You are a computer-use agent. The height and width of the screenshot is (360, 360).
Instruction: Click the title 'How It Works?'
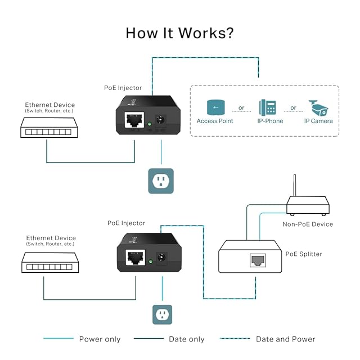point(179,33)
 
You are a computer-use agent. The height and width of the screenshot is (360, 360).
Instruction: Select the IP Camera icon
point(318,107)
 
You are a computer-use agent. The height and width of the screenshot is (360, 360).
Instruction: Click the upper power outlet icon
point(161,181)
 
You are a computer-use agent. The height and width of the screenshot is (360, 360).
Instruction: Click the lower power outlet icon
point(163,315)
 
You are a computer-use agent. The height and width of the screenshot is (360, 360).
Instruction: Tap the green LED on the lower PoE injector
point(151,262)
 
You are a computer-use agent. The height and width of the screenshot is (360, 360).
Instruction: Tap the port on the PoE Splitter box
point(258,260)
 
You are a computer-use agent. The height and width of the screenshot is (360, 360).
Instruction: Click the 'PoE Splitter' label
point(304,254)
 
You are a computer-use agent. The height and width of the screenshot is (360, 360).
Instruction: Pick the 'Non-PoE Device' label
point(308,224)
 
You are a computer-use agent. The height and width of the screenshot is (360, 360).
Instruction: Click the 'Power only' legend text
point(100,339)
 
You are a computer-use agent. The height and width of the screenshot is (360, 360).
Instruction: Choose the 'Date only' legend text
point(187,339)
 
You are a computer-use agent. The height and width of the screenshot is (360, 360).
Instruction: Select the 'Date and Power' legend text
point(286,339)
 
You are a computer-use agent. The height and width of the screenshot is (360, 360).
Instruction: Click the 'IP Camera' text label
point(318,121)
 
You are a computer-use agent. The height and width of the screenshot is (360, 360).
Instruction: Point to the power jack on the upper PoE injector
point(163,120)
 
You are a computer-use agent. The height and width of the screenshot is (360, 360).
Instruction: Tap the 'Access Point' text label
point(215,121)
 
